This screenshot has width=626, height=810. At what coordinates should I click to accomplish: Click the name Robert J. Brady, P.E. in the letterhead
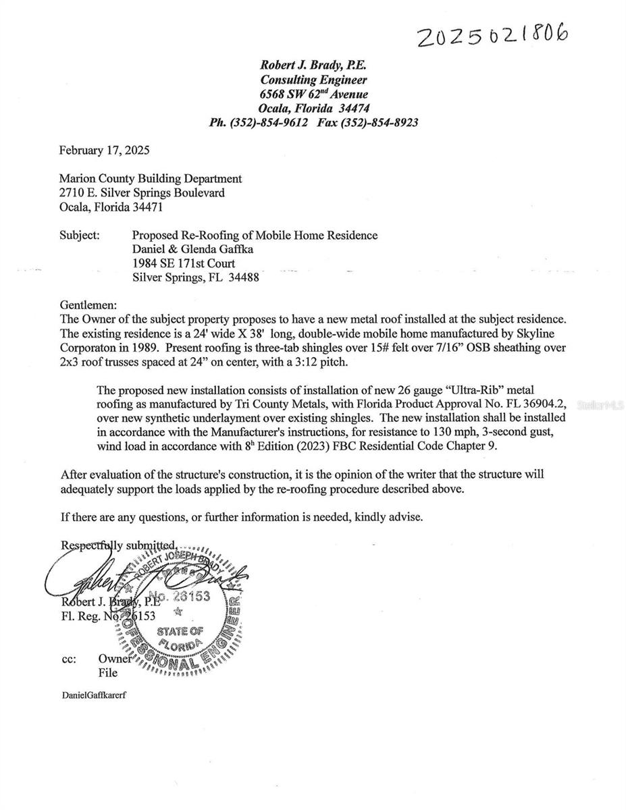(x=313, y=65)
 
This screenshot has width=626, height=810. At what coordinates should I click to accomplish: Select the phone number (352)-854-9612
(x=269, y=123)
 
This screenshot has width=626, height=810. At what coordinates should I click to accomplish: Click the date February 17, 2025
(x=105, y=151)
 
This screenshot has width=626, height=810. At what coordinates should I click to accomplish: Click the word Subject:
(x=80, y=236)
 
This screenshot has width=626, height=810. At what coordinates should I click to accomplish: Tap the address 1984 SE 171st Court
(x=184, y=263)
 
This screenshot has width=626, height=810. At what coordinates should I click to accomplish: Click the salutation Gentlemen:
(x=88, y=305)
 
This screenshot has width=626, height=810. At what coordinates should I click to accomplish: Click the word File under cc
(x=108, y=672)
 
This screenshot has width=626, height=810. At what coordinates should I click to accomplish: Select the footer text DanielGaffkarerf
(x=94, y=696)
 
